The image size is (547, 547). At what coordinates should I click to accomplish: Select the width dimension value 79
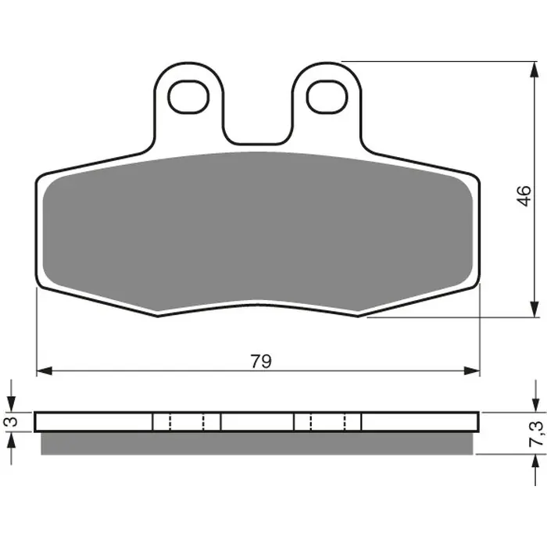tap(261, 361)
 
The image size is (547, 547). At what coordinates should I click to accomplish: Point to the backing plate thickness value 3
tap(11, 421)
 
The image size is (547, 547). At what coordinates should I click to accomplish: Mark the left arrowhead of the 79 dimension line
tap(44, 370)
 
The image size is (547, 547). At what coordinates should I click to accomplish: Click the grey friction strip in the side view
tap(257, 443)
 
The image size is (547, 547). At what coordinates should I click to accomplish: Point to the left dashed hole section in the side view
tap(186, 422)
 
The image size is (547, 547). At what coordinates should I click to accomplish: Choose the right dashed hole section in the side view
tap(327, 422)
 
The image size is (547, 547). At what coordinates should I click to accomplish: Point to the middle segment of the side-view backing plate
tap(257, 422)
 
